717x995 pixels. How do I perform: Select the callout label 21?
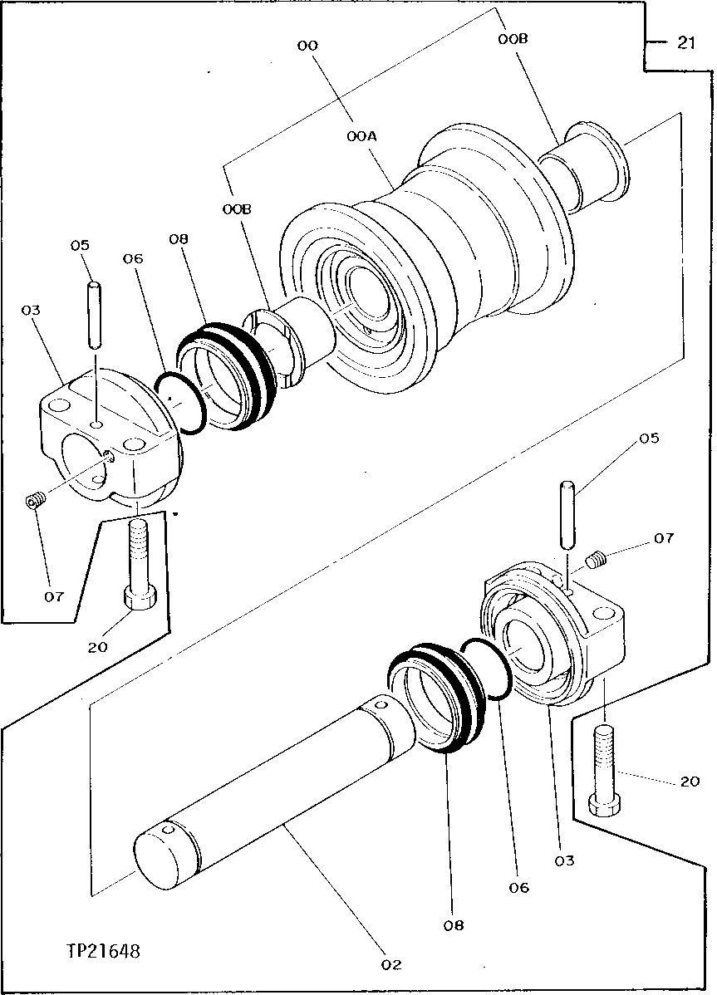685,44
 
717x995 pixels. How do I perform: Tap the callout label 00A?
362,133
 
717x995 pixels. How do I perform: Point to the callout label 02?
390,964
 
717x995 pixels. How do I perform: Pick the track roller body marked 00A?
465,241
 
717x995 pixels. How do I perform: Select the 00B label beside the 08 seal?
237,211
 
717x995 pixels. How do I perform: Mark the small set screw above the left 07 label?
34,501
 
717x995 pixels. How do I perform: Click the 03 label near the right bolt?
565,860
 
